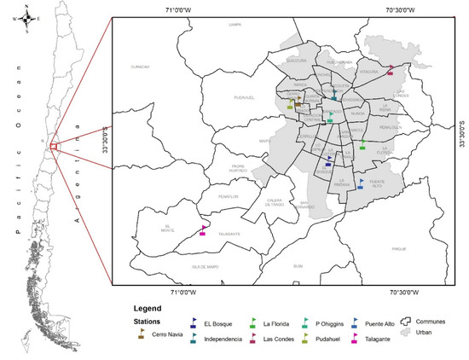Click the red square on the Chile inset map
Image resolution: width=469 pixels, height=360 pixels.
point(54,147)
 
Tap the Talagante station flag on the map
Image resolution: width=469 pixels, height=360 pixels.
point(203,229)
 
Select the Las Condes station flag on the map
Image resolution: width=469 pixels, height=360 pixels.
point(391,69)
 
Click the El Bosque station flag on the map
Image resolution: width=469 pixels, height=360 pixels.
point(329,160)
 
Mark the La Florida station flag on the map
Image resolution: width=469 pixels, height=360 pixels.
point(362,144)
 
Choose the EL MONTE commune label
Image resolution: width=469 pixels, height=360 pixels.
point(167,227)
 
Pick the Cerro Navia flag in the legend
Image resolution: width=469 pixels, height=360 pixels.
point(142,334)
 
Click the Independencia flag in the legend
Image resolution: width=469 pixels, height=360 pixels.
point(195,339)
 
